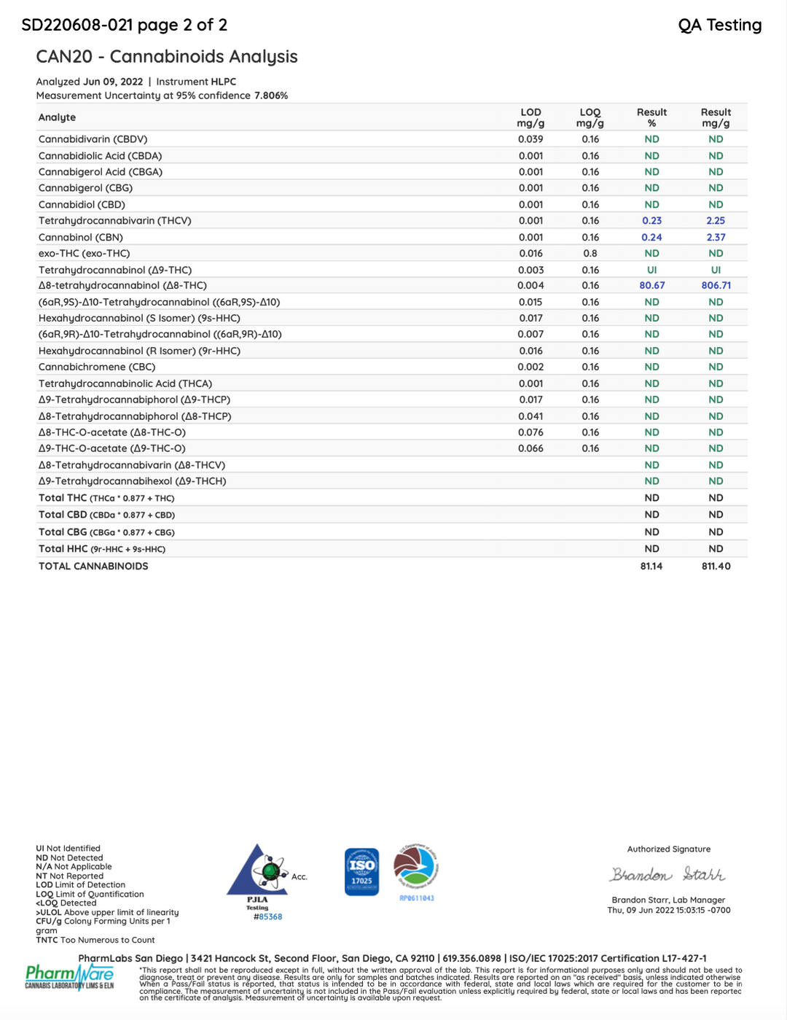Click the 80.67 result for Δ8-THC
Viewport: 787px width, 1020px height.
pyautogui.click(x=651, y=286)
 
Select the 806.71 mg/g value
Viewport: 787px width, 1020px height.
pyautogui.click(x=716, y=286)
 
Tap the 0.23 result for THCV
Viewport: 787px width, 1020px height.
pyautogui.click(x=651, y=221)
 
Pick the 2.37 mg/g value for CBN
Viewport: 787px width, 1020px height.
pyautogui.click(x=716, y=238)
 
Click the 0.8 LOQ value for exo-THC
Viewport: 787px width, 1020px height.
pyautogui.click(x=590, y=254)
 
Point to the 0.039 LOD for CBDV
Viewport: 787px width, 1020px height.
pyautogui.click(x=530, y=139)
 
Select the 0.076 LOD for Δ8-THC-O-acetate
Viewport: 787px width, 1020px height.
pyautogui.click(x=530, y=432)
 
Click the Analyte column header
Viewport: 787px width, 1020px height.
pyautogui.click(x=57, y=117)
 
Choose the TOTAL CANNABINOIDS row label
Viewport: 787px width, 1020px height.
pyautogui.click(x=93, y=567)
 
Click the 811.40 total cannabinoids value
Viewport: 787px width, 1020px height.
pyautogui.click(x=716, y=567)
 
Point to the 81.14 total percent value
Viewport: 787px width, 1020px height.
pyautogui.click(x=651, y=567)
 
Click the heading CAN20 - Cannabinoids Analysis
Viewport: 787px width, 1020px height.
pyautogui.click(x=167, y=57)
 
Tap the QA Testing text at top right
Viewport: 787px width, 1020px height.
pyautogui.click(x=719, y=26)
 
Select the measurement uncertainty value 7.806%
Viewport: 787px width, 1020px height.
pyautogui.click(x=271, y=96)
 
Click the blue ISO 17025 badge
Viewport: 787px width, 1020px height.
pyautogui.click(x=361, y=871)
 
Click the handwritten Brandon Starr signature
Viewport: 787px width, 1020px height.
pyautogui.click(x=667, y=875)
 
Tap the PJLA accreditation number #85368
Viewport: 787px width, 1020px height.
pyautogui.click(x=268, y=917)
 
